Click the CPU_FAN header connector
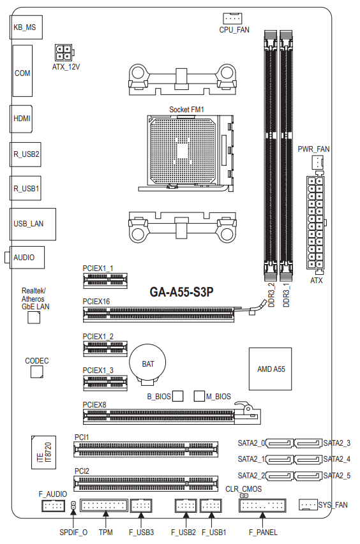pos(232,18)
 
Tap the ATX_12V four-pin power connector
pos(64,53)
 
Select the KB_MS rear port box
pos(26,27)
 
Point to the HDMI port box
pos(21,119)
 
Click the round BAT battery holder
pos(147,364)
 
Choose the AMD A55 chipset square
pos(271,369)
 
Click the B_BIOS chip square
pos(177,396)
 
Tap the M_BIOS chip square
pos(199,396)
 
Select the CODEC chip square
pos(37,372)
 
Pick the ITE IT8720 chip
pos(43,452)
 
